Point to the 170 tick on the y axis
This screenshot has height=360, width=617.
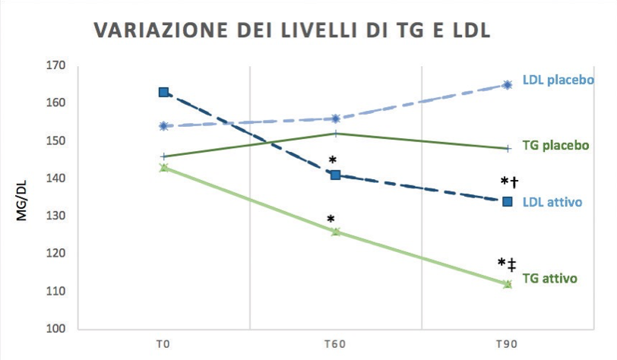pos(55,65)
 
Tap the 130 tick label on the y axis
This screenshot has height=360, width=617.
pos(55,216)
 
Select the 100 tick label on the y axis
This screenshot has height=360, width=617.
pos(55,329)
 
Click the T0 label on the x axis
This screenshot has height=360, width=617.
pos(163,344)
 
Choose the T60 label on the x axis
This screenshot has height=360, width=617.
pos(336,344)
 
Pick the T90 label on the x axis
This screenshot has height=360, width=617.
pos(507,344)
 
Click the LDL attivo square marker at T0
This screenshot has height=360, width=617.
pos(163,92)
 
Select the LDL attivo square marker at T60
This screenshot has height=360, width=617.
pos(335,175)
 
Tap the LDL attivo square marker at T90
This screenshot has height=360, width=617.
pos(508,201)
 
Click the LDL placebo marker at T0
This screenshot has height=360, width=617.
pos(163,126)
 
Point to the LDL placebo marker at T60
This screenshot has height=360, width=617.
pos(335,118)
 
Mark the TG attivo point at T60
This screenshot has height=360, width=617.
pos(335,232)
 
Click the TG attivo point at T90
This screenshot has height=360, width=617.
pos(508,284)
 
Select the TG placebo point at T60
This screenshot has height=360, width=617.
pos(335,134)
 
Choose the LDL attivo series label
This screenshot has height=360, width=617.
pos(552,202)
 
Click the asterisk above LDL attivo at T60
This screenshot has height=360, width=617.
pos(332,160)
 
